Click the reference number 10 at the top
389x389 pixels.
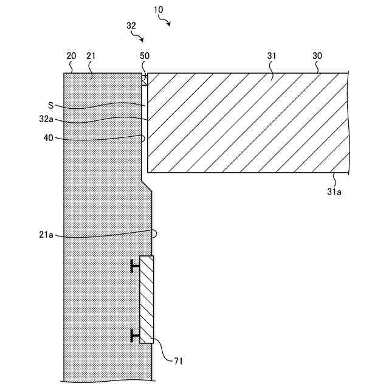click(159, 11)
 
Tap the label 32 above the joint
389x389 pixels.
click(131, 26)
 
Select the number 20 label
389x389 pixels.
click(71, 56)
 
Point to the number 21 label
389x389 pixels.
click(91, 56)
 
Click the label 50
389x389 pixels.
click(144, 56)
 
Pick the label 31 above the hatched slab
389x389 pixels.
click(271, 56)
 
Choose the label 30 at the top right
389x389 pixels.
click(317, 56)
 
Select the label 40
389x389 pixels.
click(49, 138)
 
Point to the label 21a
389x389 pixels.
click(55, 236)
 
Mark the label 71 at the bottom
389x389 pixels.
click(178, 362)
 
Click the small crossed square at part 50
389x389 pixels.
click(145, 79)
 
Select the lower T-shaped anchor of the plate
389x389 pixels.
click(135, 334)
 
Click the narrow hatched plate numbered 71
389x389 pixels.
click(146, 299)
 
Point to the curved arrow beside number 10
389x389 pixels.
click(166, 22)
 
